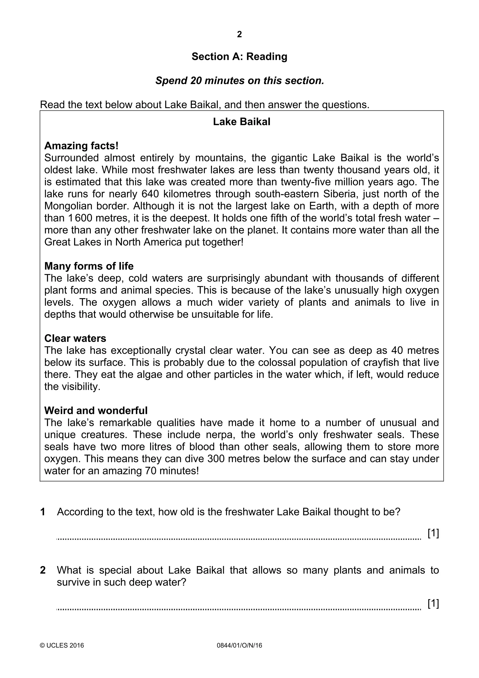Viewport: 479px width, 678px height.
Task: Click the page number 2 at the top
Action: (239, 35)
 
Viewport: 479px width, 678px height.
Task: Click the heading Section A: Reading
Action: (239, 56)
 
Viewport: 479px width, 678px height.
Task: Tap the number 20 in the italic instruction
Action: (196, 81)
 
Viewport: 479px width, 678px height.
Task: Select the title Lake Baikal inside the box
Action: (241, 122)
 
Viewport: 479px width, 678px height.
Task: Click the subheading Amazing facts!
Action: (81, 146)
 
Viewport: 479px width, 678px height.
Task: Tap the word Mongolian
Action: (68, 206)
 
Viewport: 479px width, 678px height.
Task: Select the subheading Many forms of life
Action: (89, 266)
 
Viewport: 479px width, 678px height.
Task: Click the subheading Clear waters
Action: (75, 338)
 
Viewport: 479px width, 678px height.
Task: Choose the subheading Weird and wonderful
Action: (96, 410)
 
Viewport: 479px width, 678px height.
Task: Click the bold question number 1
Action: (43, 512)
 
